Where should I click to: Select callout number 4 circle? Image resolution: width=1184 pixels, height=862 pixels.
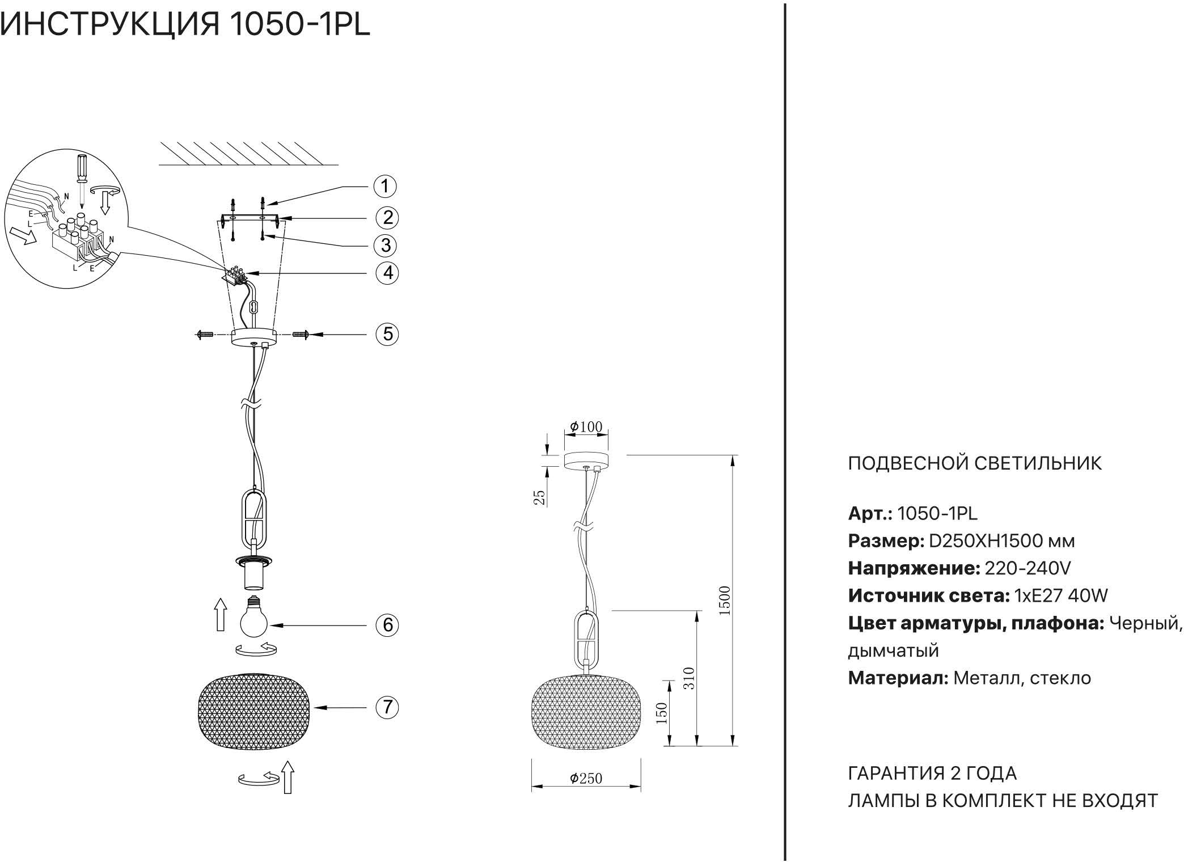[x=387, y=273]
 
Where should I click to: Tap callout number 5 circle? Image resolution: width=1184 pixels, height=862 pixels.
[x=387, y=333]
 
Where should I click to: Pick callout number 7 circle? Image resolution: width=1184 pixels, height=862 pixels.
[x=387, y=707]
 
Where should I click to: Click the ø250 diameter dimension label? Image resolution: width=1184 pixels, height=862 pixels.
[x=586, y=778]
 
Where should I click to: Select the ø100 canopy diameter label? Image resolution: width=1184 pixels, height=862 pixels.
[x=586, y=426]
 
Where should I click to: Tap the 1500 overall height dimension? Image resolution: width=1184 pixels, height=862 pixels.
[x=724, y=600]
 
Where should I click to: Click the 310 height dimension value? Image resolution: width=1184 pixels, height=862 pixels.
[x=688, y=678]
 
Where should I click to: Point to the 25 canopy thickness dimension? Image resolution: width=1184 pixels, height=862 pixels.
[x=540, y=497]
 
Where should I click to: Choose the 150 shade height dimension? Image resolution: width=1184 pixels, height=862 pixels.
[x=662, y=713]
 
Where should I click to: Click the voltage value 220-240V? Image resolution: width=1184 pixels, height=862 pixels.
[x=1027, y=568]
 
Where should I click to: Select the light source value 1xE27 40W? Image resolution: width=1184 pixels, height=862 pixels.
[x=1060, y=595]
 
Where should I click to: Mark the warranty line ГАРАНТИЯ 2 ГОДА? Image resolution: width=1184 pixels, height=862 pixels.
[x=932, y=774]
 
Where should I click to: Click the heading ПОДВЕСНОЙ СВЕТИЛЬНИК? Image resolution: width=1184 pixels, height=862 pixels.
[x=975, y=463]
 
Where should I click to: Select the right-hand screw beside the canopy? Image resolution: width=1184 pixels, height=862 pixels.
[x=301, y=335]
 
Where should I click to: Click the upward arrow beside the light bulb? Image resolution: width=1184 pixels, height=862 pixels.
[x=220, y=615]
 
